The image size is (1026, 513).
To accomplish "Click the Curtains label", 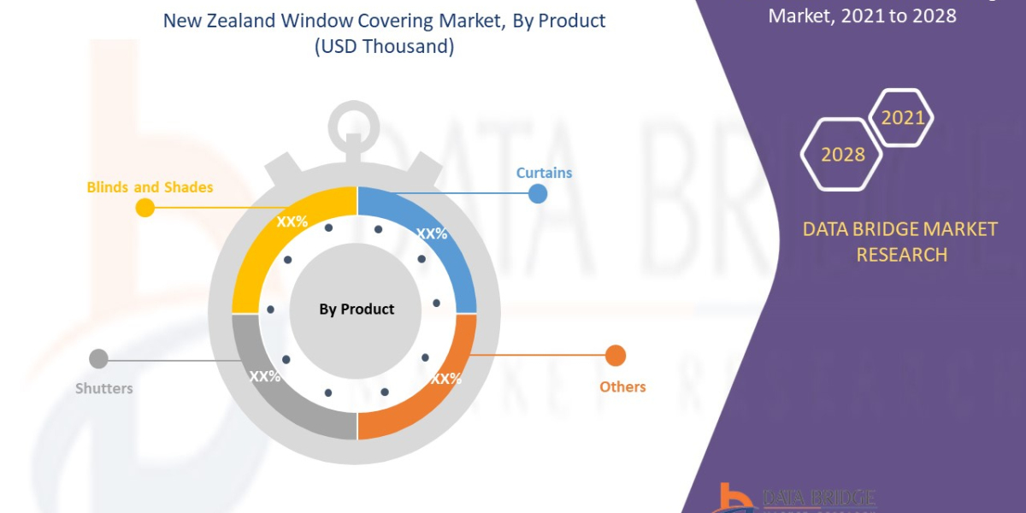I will pyautogui.click(x=544, y=173).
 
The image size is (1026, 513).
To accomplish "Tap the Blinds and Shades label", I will pyautogui.click(x=150, y=186).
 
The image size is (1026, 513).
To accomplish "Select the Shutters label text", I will pyautogui.click(x=104, y=388).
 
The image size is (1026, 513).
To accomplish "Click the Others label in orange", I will pyautogui.click(x=622, y=386).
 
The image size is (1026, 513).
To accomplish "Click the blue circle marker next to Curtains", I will pyautogui.click(x=538, y=193).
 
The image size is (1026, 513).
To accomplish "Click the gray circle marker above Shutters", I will pyautogui.click(x=99, y=359).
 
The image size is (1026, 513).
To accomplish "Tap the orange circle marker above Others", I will pyautogui.click(x=616, y=356).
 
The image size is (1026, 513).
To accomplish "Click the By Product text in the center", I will pyautogui.click(x=357, y=310).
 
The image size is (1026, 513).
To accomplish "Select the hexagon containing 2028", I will pyautogui.click(x=842, y=155).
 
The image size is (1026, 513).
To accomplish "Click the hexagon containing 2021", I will pyautogui.click(x=902, y=118).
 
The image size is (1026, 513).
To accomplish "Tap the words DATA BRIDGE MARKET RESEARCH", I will pyautogui.click(x=901, y=242).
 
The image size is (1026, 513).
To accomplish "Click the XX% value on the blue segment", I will pyautogui.click(x=432, y=233).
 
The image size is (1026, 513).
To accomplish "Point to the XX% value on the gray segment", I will pyautogui.click(x=265, y=376).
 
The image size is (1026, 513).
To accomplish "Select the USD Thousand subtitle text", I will pyautogui.click(x=384, y=46).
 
